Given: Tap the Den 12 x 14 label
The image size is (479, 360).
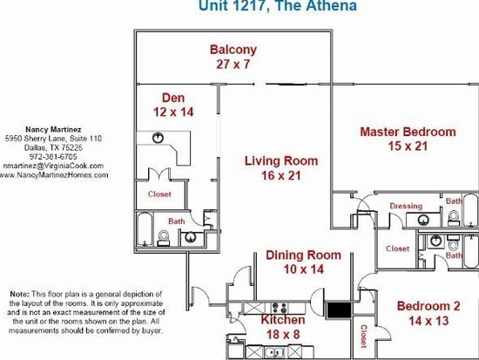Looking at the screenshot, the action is (173, 105).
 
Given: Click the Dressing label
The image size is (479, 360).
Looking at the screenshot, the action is (406, 207).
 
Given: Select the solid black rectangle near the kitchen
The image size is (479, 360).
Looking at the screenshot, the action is (339, 310).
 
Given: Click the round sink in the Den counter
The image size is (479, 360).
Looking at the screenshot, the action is (158, 138).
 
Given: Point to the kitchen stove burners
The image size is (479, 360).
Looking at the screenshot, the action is (280, 308).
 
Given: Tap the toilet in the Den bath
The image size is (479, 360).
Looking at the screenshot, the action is (164, 238).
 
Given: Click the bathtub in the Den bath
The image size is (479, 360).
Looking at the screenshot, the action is (145, 228).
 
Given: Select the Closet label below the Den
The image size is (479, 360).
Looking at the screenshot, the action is (159, 194).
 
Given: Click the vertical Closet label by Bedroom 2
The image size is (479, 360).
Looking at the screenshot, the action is (363, 336).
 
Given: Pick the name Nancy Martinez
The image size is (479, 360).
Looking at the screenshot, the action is (53, 129).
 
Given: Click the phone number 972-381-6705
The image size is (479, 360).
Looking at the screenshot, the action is (53, 157).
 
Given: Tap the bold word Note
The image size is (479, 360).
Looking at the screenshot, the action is (20, 295).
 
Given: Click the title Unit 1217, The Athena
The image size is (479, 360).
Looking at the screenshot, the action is (278, 5).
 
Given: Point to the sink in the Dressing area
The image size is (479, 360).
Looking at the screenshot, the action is (423, 220).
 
